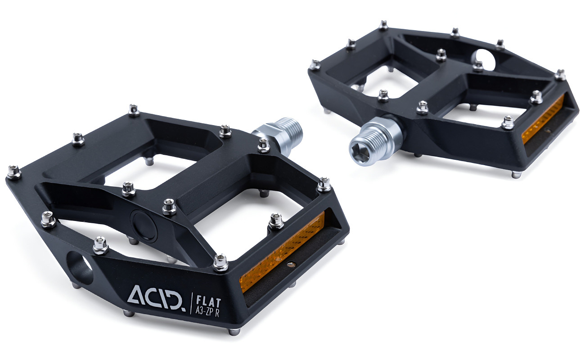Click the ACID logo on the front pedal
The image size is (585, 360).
157,298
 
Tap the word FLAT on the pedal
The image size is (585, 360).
208,301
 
